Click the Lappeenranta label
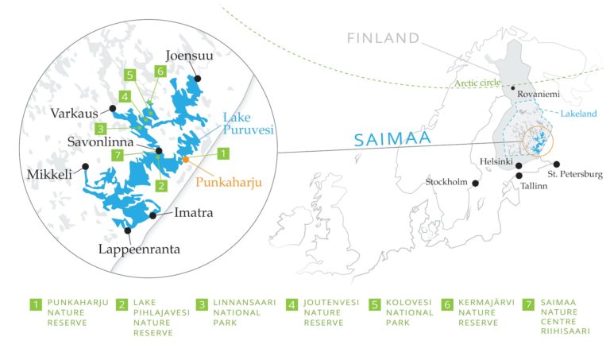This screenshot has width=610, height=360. click(x=141, y=249)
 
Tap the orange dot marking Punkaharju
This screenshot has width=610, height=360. click(x=185, y=160)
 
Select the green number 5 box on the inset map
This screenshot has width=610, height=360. click(x=130, y=75)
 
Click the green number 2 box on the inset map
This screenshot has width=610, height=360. click(x=161, y=186)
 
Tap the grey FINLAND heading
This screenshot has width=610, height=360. click(x=383, y=37)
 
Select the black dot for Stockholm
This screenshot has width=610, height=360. click(x=476, y=184)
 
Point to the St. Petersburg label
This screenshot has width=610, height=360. click(x=575, y=174)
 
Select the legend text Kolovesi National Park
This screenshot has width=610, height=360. click(x=410, y=312)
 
